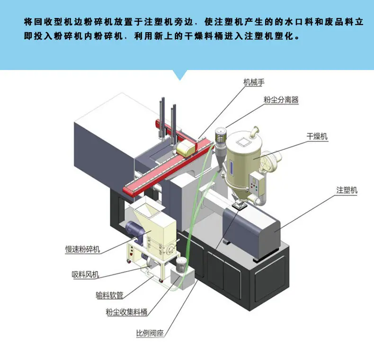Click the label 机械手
point(254,82)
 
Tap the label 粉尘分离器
point(281,100)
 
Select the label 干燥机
point(317,136)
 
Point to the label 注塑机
point(347,190)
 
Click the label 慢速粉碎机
point(82,249)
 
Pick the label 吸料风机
point(85,275)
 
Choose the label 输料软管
point(109,295)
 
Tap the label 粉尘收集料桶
point(126,312)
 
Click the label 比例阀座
point(150,333)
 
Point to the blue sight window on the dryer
point(232,168)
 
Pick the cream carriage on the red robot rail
point(186,147)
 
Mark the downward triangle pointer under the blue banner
point(180,75)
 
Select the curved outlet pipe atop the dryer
point(255,132)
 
